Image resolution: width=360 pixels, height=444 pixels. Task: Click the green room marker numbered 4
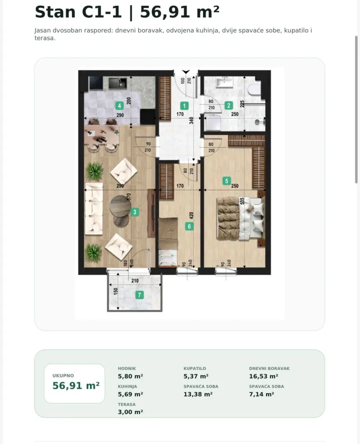pos(119,106)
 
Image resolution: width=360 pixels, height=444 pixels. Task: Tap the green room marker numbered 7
pos(139,295)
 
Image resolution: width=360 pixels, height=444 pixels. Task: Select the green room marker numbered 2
pos(228,106)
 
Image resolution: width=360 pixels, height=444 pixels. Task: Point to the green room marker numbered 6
pos(189,226)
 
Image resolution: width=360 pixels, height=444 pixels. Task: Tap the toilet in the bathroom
pos(254,88)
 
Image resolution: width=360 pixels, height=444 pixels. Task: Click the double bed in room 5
pos(241,218)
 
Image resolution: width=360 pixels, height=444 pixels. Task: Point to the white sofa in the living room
pos(94,209)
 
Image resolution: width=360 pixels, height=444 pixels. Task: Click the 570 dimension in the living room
pos(129,197)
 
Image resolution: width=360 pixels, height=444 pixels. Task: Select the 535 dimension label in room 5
pos(242,201)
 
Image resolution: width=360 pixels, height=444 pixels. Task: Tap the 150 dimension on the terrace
pos(116,291)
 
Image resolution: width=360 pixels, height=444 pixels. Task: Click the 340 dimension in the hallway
pos(191,120)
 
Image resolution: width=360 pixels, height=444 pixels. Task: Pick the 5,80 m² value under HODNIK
pos(130,376)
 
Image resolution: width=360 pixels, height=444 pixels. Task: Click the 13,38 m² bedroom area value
pos(198,394)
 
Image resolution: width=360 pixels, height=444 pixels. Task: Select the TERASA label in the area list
pos(127,405)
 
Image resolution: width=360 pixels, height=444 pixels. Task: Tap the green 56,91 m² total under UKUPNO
pos(76,386)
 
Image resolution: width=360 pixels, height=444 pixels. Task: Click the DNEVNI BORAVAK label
pos(269,368)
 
